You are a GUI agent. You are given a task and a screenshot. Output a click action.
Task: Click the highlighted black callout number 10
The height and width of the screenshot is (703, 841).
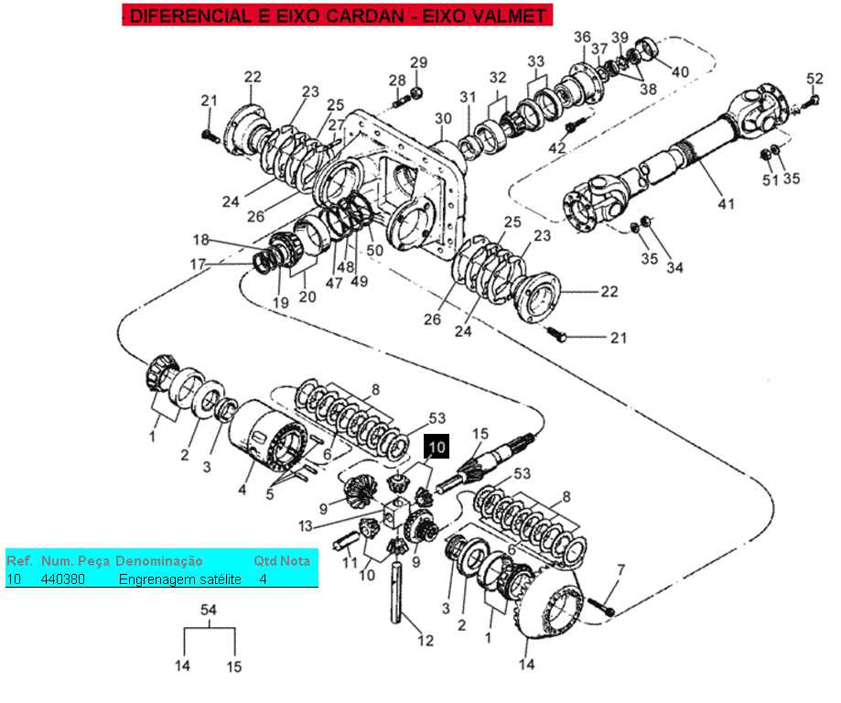pyautogui.click(x=437, y=447)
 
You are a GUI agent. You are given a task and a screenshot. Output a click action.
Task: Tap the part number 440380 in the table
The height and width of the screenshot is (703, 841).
pyautogui.click(x=63, y=579)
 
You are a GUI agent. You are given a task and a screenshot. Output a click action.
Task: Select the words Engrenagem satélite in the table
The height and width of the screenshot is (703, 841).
pyautogui.click(x=179, y=579)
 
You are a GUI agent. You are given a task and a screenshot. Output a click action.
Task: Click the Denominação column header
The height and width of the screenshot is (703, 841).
pyautogui.click(x=159, y=561)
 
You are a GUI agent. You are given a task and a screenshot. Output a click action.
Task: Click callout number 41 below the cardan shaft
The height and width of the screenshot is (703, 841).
pyautogui.click(x=727, y=204)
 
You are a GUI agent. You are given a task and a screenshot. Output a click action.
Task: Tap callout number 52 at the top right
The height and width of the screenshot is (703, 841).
pyautogui.click(x=814, y=79)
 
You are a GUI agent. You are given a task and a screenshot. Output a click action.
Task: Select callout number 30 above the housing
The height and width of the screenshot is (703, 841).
pyautogui.click(x=443, y=118)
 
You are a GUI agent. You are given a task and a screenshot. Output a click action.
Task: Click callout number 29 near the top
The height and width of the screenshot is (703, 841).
pyautogui.click(x=419, y=62)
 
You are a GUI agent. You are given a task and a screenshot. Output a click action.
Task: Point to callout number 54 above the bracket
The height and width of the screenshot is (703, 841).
pyautogui.click(x=208, y=610)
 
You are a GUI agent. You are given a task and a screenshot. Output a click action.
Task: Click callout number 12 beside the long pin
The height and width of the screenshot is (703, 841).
pyautogui.click(x=426, y=640)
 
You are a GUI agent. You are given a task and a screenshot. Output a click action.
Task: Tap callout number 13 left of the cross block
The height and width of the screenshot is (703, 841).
pyautogui.click(x=305, y=526)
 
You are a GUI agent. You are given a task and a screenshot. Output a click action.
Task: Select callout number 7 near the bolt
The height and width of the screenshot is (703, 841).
pyautogui.click(x=621, y=569)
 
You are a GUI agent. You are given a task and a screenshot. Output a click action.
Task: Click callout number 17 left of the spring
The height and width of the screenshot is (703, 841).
pyautogui.click(x=198, y=264)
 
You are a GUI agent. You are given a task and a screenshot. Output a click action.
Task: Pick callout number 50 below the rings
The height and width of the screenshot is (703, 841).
pyautogui.click(x=375, y=250)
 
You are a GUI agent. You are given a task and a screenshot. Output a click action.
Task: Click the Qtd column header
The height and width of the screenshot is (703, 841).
pyautogui.click(x=264, y=561)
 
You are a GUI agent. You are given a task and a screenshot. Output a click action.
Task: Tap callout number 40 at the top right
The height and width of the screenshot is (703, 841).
pyautogui.click(x=680, y=71)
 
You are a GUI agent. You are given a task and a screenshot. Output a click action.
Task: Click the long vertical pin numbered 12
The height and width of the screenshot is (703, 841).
pyautogui.click(x=396, y=590)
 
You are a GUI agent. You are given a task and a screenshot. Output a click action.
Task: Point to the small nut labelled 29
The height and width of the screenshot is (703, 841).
pyautogui.click(x=416, y=93)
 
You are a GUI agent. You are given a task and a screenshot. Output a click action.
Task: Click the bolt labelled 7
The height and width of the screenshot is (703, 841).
pyautogui.click(x=601, y=606)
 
